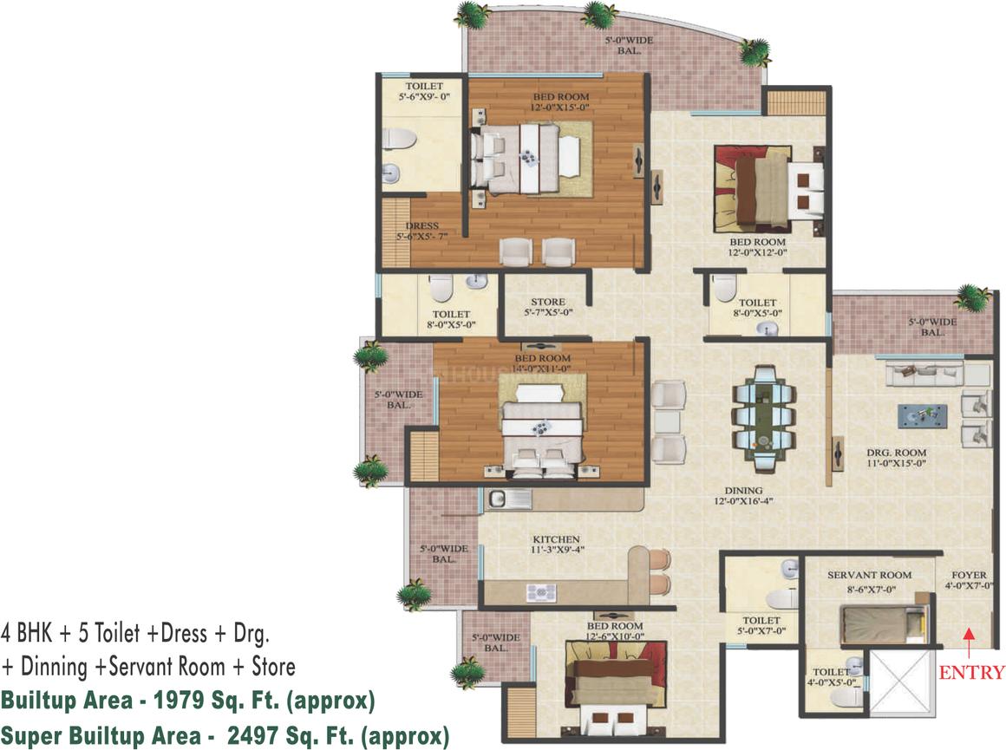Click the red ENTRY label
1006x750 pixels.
972,672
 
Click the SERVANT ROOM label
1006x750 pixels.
869,575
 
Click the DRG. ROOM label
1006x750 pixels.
897,453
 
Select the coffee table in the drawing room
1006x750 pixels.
922,415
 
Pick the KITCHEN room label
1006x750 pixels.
556,539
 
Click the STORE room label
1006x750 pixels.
548,302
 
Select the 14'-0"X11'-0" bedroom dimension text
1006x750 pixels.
543,368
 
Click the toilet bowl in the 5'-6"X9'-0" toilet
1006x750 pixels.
401,139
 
